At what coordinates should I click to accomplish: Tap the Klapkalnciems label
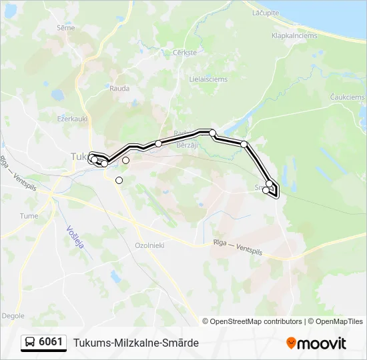(294, 36)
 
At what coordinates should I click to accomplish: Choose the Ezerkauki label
(73, 118)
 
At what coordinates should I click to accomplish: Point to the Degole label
(13, 315)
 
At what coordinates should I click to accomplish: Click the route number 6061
(51, 343)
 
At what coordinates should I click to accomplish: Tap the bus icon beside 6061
(30, 343)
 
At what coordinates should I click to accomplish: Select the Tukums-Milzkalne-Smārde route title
(135, 343)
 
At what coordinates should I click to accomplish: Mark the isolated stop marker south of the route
(119, 180)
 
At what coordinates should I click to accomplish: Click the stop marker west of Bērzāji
(159, 143)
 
